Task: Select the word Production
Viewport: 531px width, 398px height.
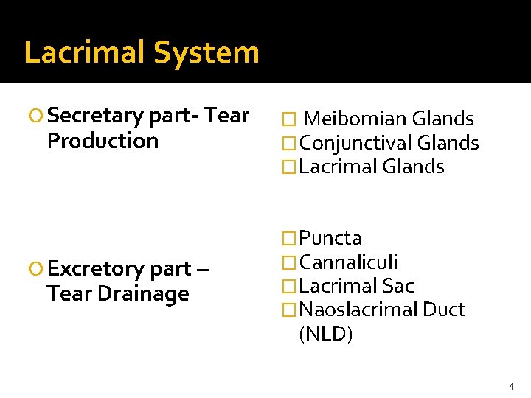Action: click(x=103, y=141)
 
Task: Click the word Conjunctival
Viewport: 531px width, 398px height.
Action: click(x=355, y=143)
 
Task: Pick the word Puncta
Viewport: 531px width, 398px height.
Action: click(x=331, y=238)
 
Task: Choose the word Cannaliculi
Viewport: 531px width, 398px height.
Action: click(x=349, y=262)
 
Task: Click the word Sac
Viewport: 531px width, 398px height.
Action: click(x=398, y=285)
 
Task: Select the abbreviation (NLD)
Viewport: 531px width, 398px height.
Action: click(x=326, y=334)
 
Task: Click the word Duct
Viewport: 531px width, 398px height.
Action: click(x=444, y=310)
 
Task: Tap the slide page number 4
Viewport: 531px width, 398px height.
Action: click(x=510, y=387)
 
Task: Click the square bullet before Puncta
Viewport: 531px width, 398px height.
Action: click(x=291, y=239)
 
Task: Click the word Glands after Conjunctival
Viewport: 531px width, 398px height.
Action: click(x=448, y=143)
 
